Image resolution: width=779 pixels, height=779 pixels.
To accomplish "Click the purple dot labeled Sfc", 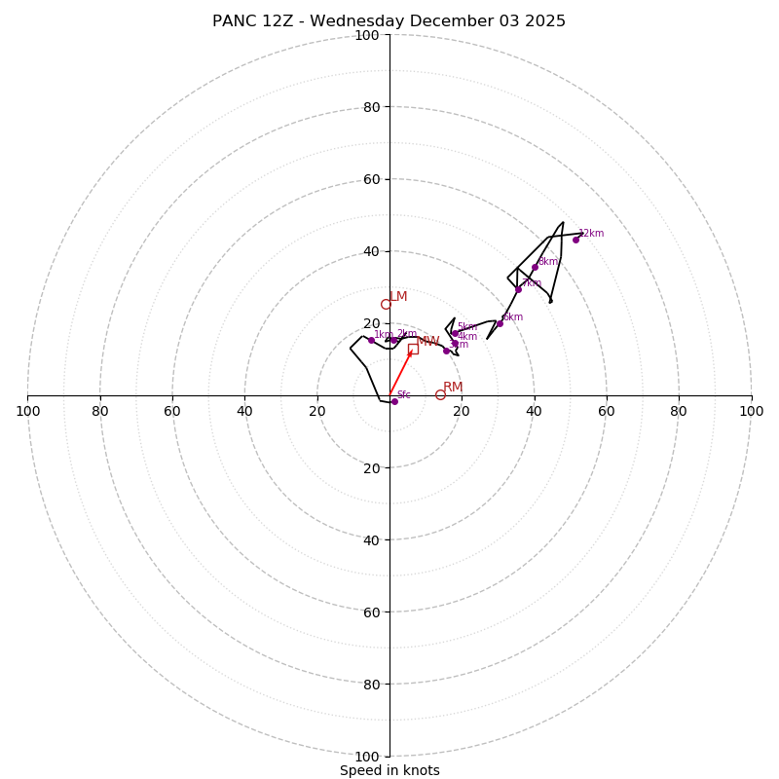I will click(x=394, y=401).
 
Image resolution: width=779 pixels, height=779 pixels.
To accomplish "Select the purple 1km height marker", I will click(x=371, y=340).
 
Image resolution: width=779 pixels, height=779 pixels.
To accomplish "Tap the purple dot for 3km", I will click(x=446, y=351).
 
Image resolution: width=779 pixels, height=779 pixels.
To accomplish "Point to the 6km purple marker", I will click(x=501, y=323).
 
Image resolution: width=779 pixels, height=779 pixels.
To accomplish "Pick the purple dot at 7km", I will click(x=518, y=289).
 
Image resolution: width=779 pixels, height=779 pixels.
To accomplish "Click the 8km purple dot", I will click(x=535, y=267).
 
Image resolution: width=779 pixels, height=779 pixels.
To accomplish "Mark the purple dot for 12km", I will click(x=575, y=240).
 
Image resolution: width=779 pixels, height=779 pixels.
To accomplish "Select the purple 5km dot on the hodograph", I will click(x=454, y=333).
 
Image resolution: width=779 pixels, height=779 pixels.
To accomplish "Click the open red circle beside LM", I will click(x=386, y=304).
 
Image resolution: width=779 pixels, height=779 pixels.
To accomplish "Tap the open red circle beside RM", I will click(x=440, y=394).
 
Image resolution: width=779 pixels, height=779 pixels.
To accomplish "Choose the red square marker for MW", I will click(x=413, y=349).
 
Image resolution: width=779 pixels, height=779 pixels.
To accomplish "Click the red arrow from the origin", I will click(x=400, y=373).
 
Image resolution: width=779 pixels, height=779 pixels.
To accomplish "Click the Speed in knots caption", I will click(x=389, y=770).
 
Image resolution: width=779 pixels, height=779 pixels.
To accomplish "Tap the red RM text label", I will click(x=453, y=388).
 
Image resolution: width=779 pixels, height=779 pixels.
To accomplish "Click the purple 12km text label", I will click(x=591, y=234).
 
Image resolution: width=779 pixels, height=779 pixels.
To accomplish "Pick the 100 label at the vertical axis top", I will click(x=366, y=35).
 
